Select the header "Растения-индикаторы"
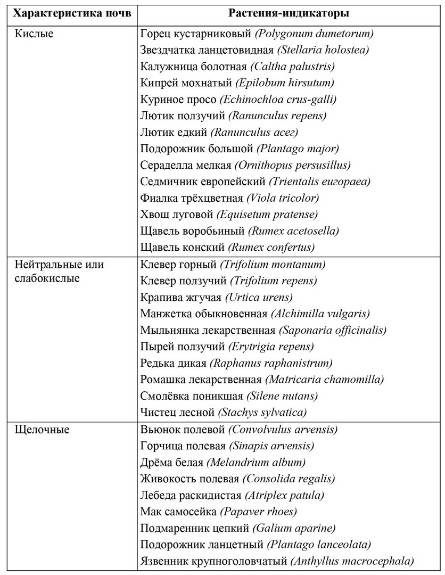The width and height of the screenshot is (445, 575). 289,13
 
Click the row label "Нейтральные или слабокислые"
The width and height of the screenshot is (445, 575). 59,271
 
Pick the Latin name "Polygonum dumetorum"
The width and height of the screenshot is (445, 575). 315,34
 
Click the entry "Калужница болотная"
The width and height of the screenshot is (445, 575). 193,67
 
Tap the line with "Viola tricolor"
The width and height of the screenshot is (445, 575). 283,198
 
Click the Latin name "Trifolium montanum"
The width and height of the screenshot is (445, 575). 273,265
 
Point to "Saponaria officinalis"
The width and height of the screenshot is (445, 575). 333,330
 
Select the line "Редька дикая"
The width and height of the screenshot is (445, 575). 173,363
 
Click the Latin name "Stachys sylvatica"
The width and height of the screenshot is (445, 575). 262,412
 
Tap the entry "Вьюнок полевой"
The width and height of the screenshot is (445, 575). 183,429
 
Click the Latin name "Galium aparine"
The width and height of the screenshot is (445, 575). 294,528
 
